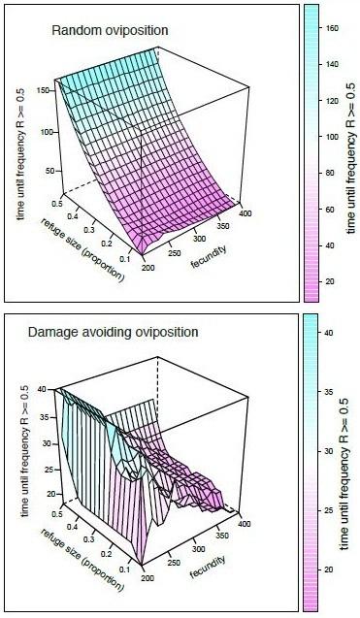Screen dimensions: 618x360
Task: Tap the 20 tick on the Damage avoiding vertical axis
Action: [39, 506]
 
